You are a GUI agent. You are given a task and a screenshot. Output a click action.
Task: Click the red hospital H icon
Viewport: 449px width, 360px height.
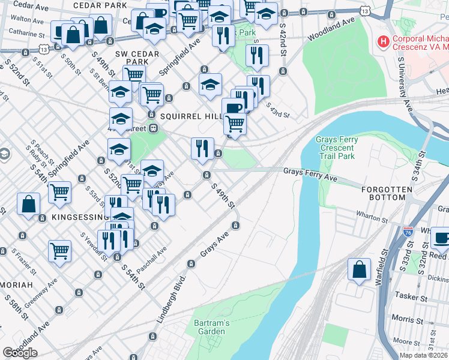pyautogui.click(x=382, y=42)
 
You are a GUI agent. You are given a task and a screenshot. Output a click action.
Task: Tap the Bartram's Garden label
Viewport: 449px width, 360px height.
pyautogui.click(x=212, y=327)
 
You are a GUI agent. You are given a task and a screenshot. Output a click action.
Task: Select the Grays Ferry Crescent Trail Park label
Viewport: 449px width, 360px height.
pyautogui.click(x=337, y=148)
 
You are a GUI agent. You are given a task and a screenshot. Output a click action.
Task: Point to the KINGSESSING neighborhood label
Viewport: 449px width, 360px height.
pyautogui.click(x=79, y=216)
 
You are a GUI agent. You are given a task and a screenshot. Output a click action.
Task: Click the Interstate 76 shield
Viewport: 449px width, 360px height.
pyautogui.click(x=408, y=230)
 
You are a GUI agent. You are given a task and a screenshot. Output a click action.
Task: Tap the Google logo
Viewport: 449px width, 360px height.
pyautogui.click(x=20, y=353)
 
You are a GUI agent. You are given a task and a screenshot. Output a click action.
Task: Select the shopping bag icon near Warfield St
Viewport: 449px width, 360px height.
pyautogui.click(x=358, y=270)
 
